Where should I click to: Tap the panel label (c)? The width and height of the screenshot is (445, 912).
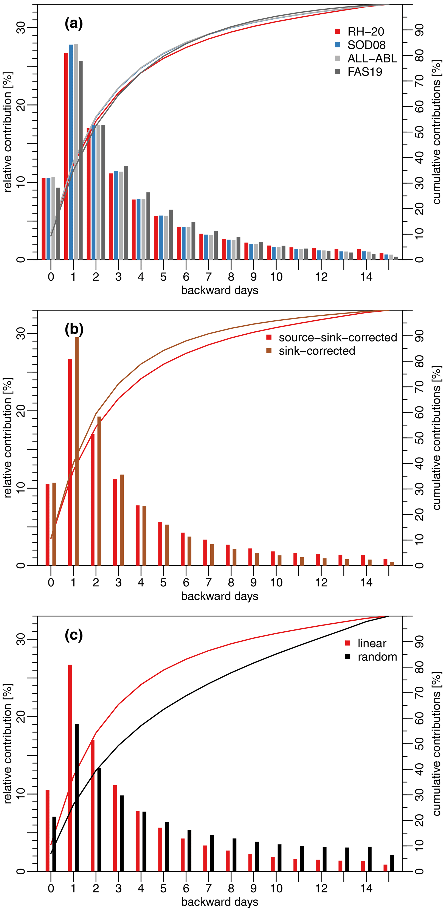point(74,635)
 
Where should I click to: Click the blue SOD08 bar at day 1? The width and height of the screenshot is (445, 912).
point(71,152)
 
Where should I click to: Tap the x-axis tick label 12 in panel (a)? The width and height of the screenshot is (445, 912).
point(321,277)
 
